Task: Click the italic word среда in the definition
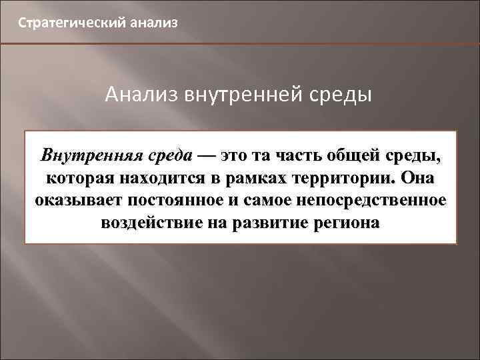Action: (167, 156)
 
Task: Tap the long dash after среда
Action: (205, 156)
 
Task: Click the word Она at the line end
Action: (418, 179)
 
